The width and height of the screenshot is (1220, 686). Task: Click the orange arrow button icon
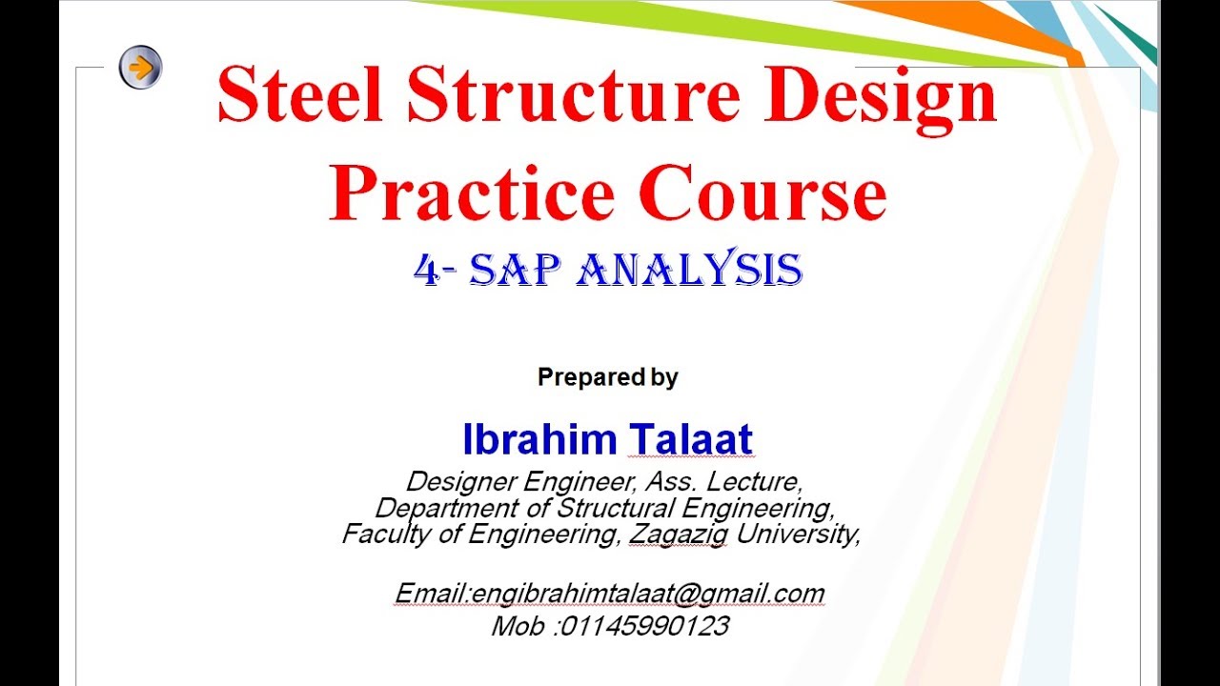point(140,68)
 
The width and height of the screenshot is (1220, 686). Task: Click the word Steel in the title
point(300,96)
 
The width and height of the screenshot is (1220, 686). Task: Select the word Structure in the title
point(575,96)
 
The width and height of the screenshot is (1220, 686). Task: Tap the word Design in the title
point(881,96)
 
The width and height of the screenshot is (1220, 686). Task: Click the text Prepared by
point(607,377)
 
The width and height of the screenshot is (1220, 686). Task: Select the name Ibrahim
point(539,439)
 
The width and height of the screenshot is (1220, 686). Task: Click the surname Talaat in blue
point(691,439)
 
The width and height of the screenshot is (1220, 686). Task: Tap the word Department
point(436,507)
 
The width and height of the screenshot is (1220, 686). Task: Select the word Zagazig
point(678,534)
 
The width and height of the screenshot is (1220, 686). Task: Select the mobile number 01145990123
point(644,626)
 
